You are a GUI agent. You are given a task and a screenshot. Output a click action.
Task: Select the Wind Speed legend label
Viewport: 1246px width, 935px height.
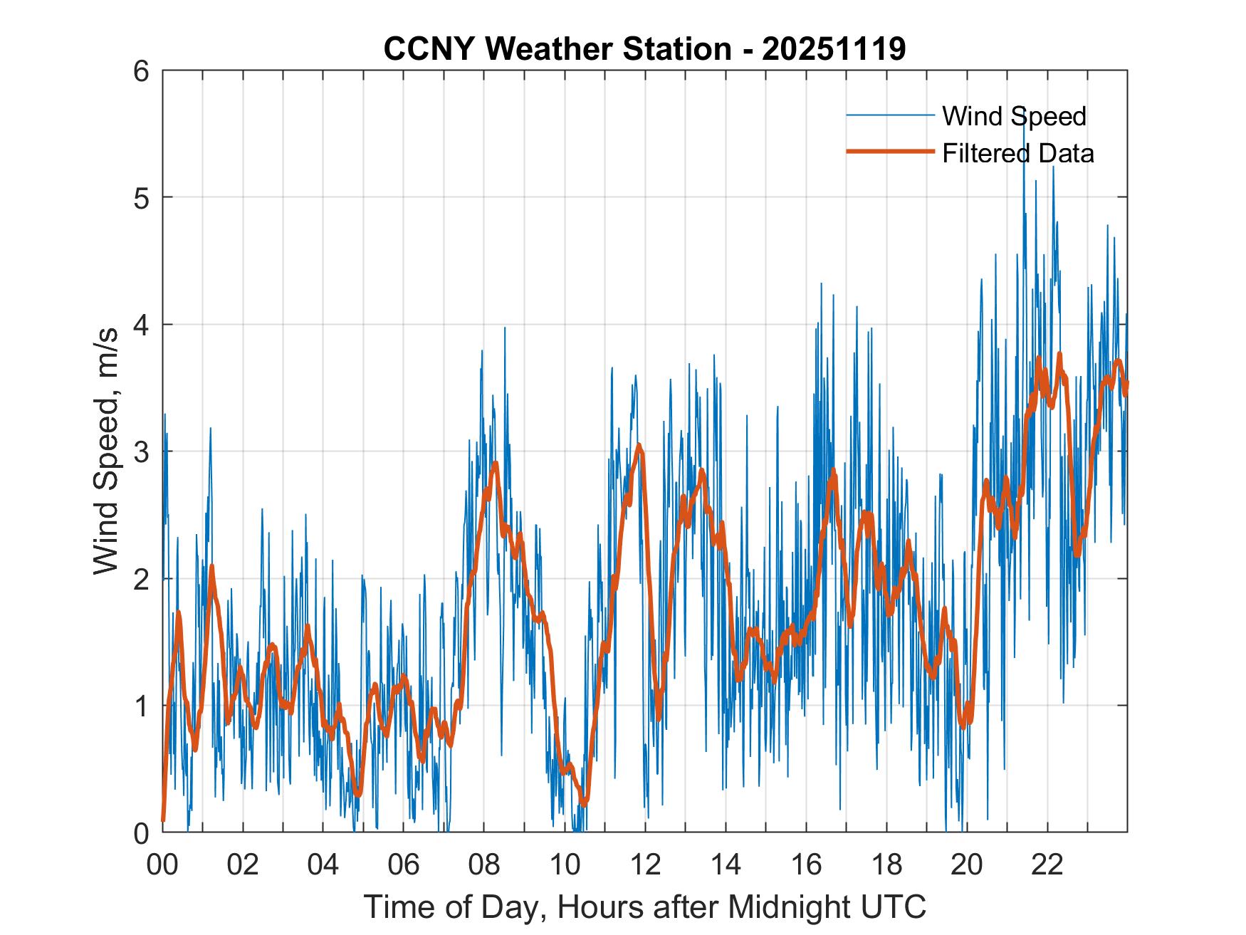(1014, 116)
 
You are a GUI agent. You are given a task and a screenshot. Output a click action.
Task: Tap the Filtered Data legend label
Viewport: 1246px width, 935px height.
(1017, 153)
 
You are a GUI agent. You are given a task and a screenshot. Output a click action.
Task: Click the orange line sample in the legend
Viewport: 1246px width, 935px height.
(890, 152)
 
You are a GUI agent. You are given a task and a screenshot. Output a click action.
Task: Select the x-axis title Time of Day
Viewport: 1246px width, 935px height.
(644, 907)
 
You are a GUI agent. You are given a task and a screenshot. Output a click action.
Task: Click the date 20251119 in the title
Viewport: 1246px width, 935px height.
(833, 50)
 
